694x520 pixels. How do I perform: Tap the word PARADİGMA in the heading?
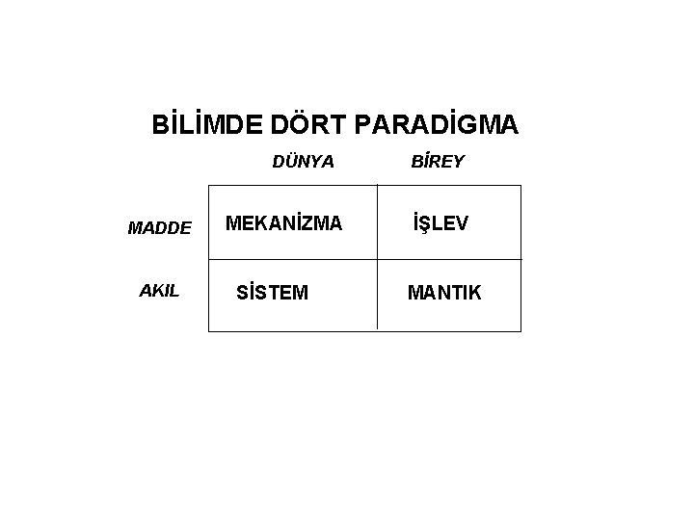[437, 126]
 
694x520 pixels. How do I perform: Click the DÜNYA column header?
[304, 162]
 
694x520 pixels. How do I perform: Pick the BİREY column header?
[438, 162]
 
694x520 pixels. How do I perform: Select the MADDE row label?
[160, 228]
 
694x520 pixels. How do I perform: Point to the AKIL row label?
[159, 291]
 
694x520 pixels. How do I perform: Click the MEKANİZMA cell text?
[283, 224]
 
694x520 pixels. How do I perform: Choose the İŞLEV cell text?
[440, 224]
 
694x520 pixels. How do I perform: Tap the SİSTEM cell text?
[273, 292]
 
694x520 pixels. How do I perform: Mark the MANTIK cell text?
[444, 292]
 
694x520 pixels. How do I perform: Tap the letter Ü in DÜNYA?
[289, 162]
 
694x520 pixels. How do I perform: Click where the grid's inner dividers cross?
[377, 259]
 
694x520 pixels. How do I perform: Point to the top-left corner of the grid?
[209, 186]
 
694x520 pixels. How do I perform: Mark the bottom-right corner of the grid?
[520, 331]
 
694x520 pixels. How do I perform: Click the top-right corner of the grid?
[520, 186]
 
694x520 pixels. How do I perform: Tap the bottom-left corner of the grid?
[209, 331]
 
